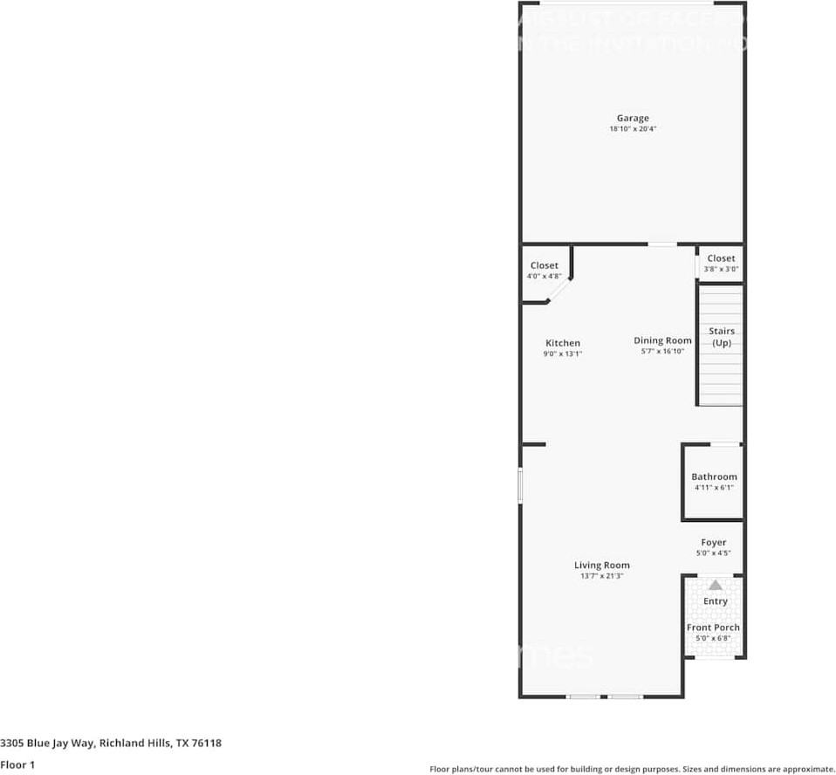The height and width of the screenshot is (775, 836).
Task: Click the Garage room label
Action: pos(633,118)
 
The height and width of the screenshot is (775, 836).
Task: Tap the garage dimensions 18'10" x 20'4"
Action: pos(633,129)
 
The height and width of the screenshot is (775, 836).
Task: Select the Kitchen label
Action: pos(563,343)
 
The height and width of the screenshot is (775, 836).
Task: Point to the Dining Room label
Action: pos(662,340)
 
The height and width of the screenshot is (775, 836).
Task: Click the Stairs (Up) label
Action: pos(722,337)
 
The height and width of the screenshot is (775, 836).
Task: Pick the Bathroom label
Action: pos(714,477)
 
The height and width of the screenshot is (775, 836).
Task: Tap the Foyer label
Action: pos(713,542)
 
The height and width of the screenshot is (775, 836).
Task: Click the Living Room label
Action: pos(601,565)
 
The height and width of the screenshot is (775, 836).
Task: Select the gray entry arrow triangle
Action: pos(716,585)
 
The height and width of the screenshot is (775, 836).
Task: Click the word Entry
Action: pos(716,601)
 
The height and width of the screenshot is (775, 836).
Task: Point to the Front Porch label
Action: pos(714,628)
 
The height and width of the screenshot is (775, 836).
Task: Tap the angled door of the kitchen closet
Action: pos(560,291)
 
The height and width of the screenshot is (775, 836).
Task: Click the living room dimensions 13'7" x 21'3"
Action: pos(601,576)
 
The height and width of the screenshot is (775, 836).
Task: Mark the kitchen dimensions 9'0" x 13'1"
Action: pos(563,353)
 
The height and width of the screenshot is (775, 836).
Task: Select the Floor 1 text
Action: pos(17,765)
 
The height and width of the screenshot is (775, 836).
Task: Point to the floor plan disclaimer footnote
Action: pos(632,769)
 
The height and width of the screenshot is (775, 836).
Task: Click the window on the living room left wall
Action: pos(520,485)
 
